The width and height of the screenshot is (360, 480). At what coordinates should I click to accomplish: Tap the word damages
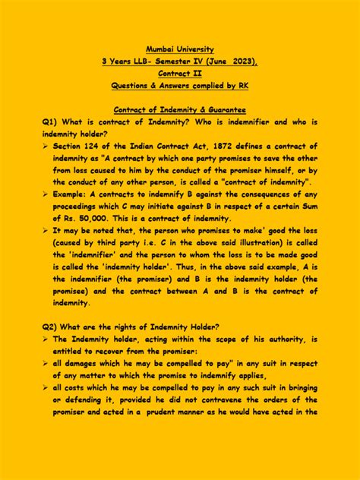(83, 364)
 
